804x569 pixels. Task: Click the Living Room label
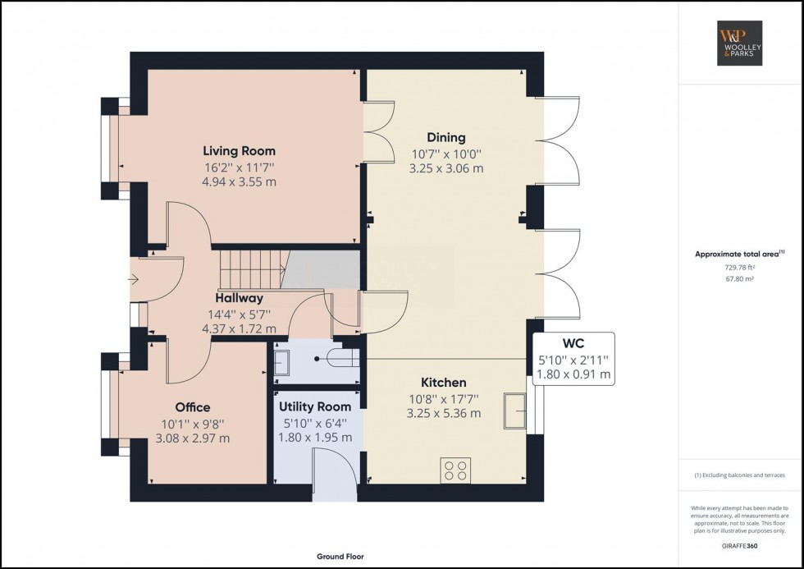click(x=239, y=151)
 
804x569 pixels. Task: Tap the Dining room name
click(x=446, y=137)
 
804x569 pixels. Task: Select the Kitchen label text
click(x=444, y=383)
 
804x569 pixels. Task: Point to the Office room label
click(x=193, y=407)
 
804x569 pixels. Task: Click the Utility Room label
click(x=315, y=407)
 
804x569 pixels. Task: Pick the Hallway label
click(x=239, y=298)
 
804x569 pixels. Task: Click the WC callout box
click(x=573, y=359)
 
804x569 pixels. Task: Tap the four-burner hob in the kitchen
click(x=455, y=470)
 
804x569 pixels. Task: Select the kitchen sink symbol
click(x=515, y=411)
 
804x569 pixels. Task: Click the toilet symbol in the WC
click(x=344, y=358)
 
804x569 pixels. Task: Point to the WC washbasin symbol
click(x=281, y=362)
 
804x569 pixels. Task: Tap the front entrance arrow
click(x=133, y=280)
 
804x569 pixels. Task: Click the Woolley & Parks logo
click(x=739, y=43)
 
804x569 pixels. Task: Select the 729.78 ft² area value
click(x=739, y=268)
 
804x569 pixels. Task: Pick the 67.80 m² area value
click(x=739, y=279)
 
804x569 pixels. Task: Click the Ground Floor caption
click(x=340, y=556)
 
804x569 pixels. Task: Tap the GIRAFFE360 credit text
click(x=739, y=546)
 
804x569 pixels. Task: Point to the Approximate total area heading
click(x=739, y=254)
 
